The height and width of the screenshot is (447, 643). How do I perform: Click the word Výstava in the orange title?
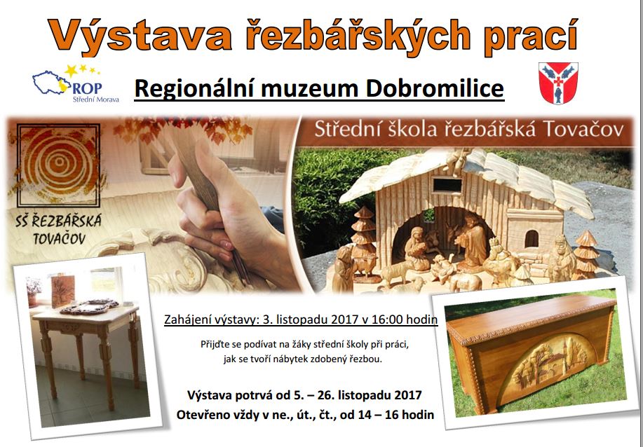[x=140, y=36]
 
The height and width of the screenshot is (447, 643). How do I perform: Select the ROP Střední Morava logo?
[x=75, y=83]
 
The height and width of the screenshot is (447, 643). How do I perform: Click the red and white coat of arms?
[x=558, y=83]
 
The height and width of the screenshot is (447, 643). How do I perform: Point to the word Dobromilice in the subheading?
[x=435, y=88]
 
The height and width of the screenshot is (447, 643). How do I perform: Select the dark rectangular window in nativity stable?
[x=447, y=185]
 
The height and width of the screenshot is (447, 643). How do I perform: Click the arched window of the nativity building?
[x=532, y=238]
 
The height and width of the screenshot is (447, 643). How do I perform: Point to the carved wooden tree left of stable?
[x=364, y=241]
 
